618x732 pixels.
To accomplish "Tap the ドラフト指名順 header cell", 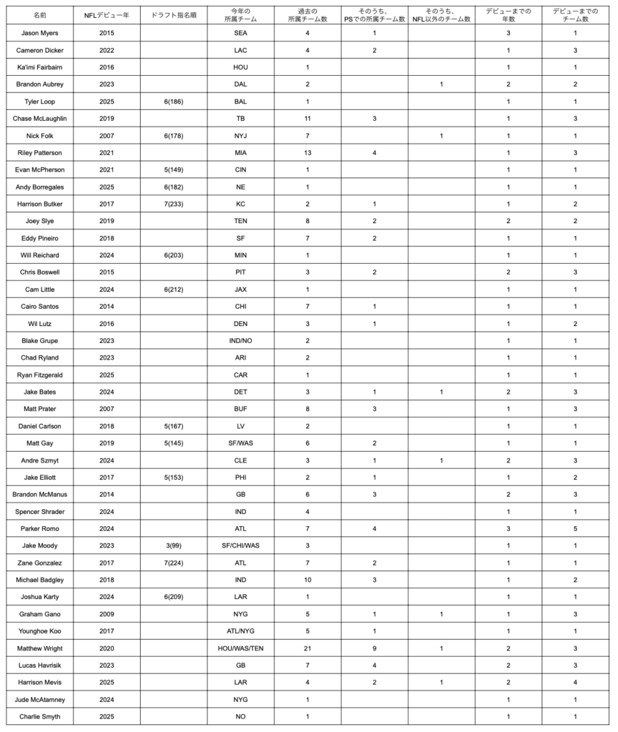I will tap(174, 14).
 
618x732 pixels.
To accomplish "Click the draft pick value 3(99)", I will tap(174, 545).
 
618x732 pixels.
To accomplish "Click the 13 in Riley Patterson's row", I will tap(308, 152).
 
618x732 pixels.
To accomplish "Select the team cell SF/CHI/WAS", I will tap(240, 545).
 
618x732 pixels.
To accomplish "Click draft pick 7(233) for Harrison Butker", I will tap(174, 204).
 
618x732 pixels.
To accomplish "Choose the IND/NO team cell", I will tap(240, 340).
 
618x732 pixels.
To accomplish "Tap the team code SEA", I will tap(240, 34).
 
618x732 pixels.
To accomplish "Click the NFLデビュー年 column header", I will tap(107, 14).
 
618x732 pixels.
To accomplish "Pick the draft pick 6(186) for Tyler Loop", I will tap(174, 102).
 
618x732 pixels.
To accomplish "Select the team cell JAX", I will tap(240, 290).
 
